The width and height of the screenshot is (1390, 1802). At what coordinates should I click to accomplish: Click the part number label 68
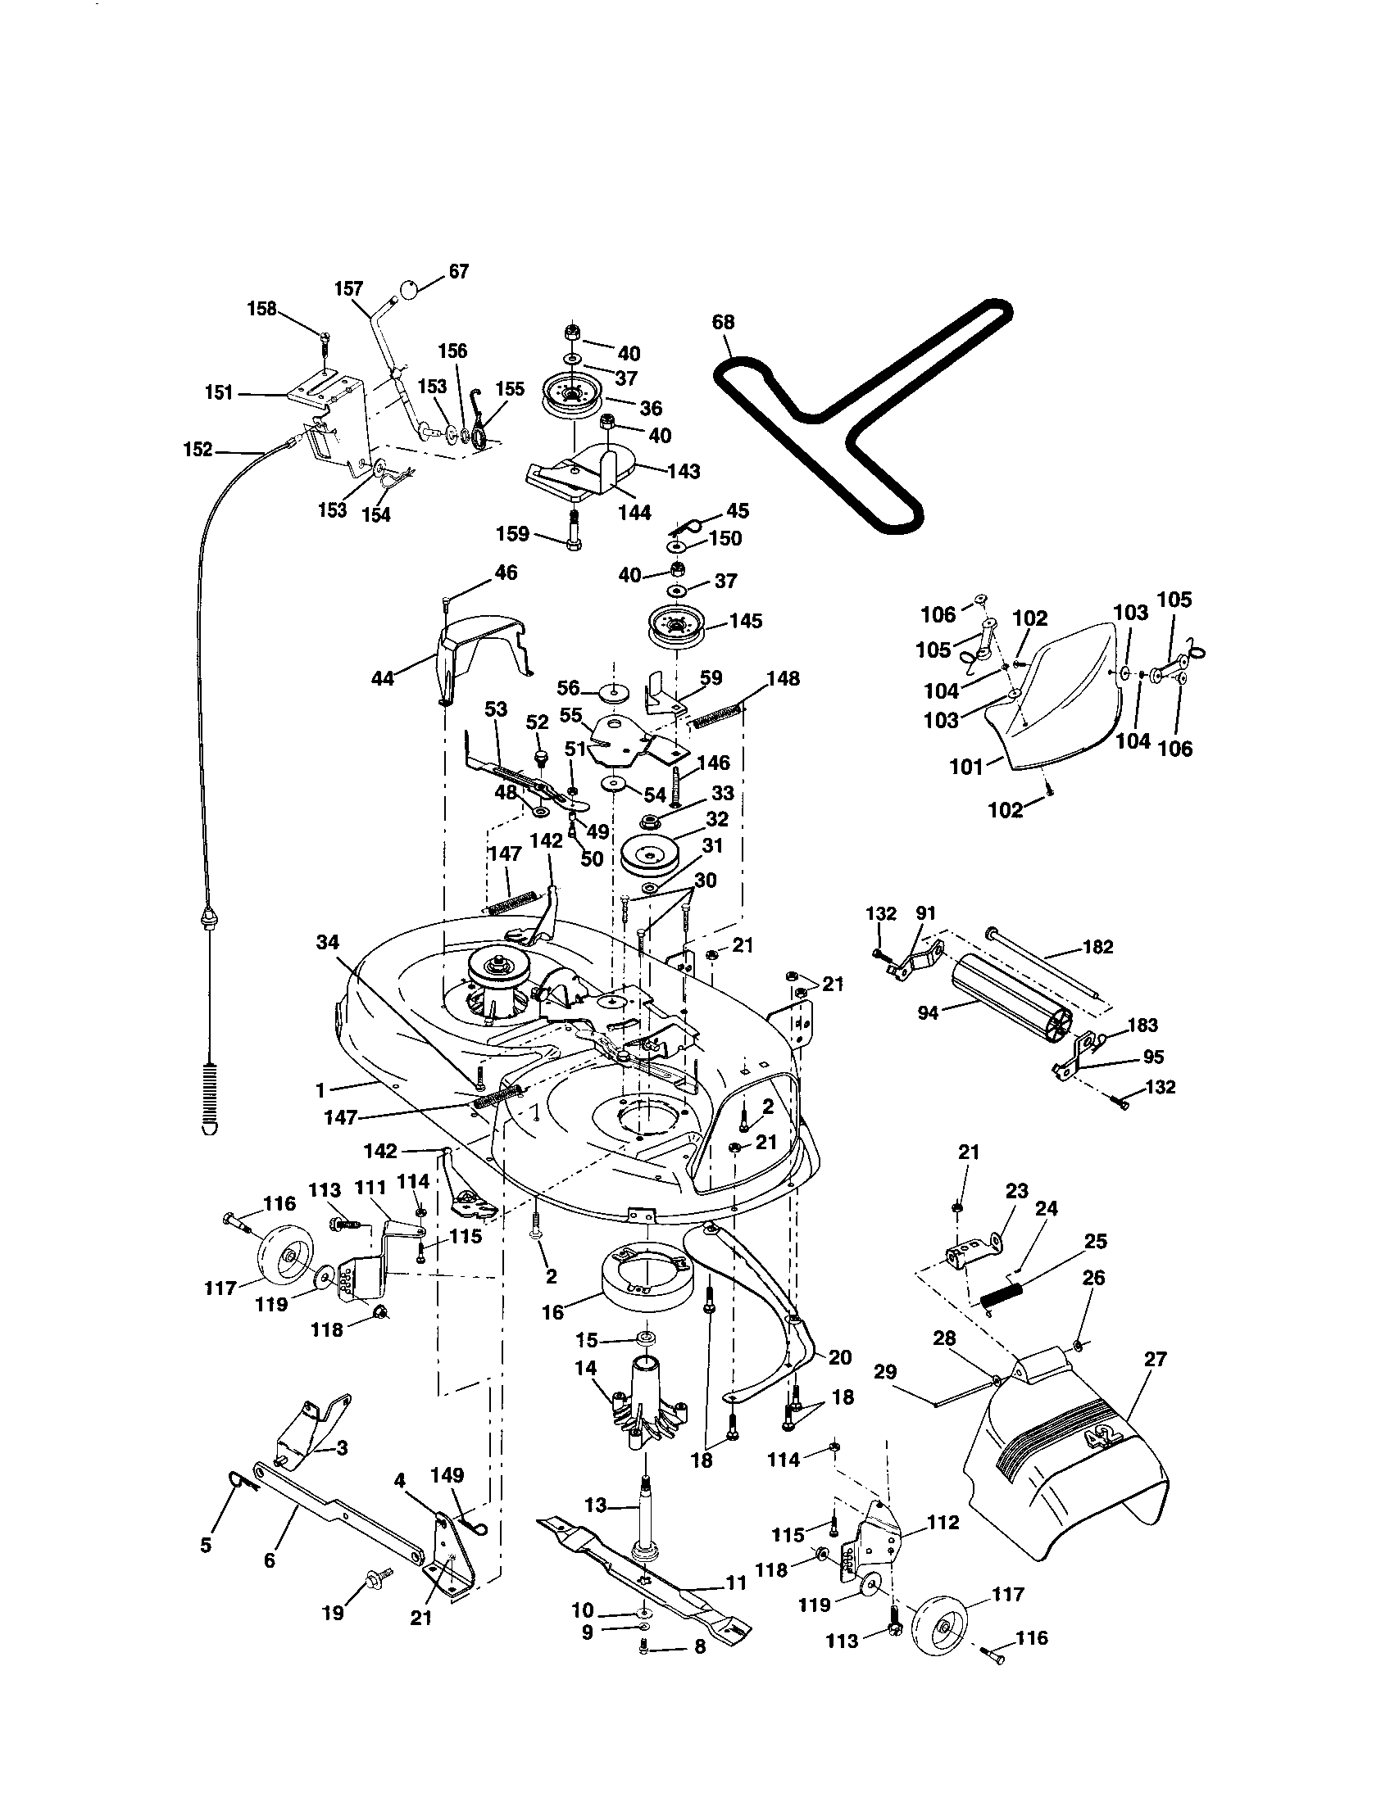pyautogui.click(x=722, y=322)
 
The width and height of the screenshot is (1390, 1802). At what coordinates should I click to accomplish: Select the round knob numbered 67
pyautogui.click(x=411, y=289)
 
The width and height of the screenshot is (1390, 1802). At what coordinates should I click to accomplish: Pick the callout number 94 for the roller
pyautogui.click(x=929, y=1012)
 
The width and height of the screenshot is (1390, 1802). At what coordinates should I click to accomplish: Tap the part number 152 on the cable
pyautogui.click(x=198, y=450)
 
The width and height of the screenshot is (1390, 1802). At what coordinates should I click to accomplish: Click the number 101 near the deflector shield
pyautogui.click(x=966, y=767)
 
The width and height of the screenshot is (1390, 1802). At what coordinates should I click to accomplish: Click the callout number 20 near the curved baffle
pyautogui.click(x=839, y=1357)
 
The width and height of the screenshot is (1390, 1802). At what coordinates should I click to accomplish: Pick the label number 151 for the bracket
pyautogui.click(x=219, y=392)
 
